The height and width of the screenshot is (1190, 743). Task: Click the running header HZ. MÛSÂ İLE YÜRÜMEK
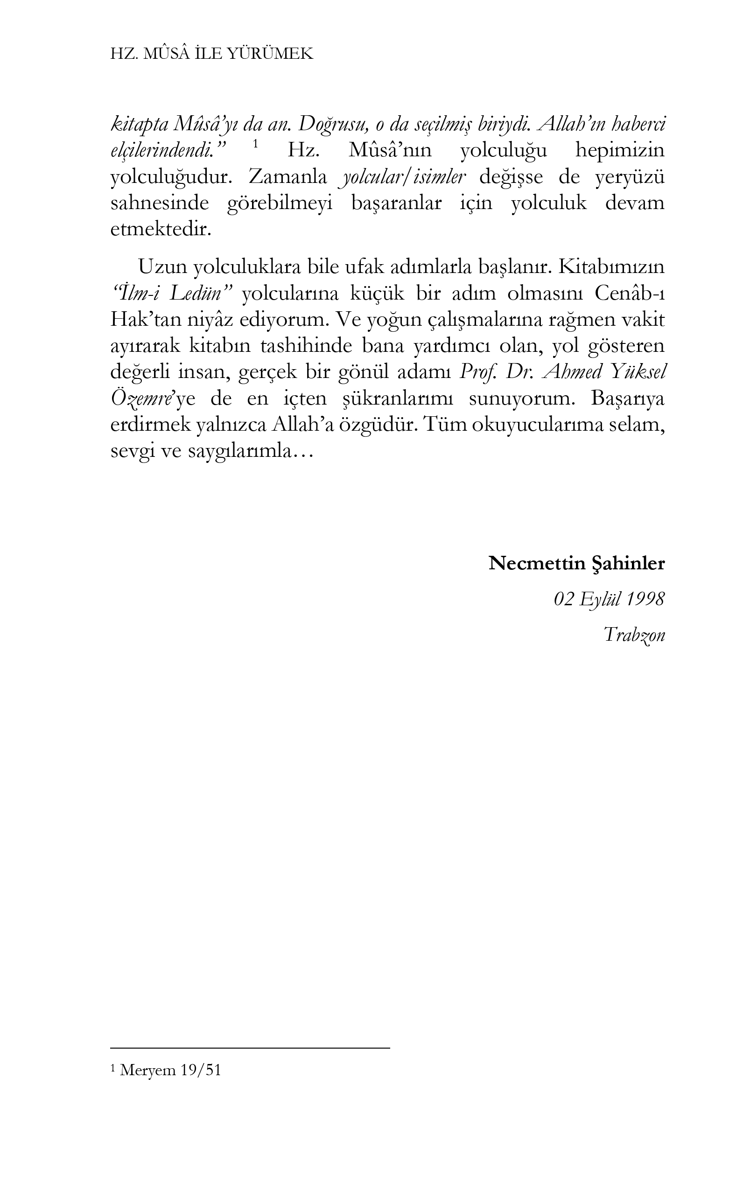(211, 54)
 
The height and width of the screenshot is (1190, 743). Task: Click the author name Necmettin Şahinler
(576, 564)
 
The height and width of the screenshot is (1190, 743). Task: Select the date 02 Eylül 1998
(609, 599)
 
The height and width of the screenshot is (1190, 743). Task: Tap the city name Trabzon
(634, 635)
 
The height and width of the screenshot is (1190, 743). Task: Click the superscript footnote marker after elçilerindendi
(255, 144)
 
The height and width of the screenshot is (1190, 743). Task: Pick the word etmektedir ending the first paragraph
(160, 230)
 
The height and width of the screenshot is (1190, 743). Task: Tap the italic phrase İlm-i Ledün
(169, 294)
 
